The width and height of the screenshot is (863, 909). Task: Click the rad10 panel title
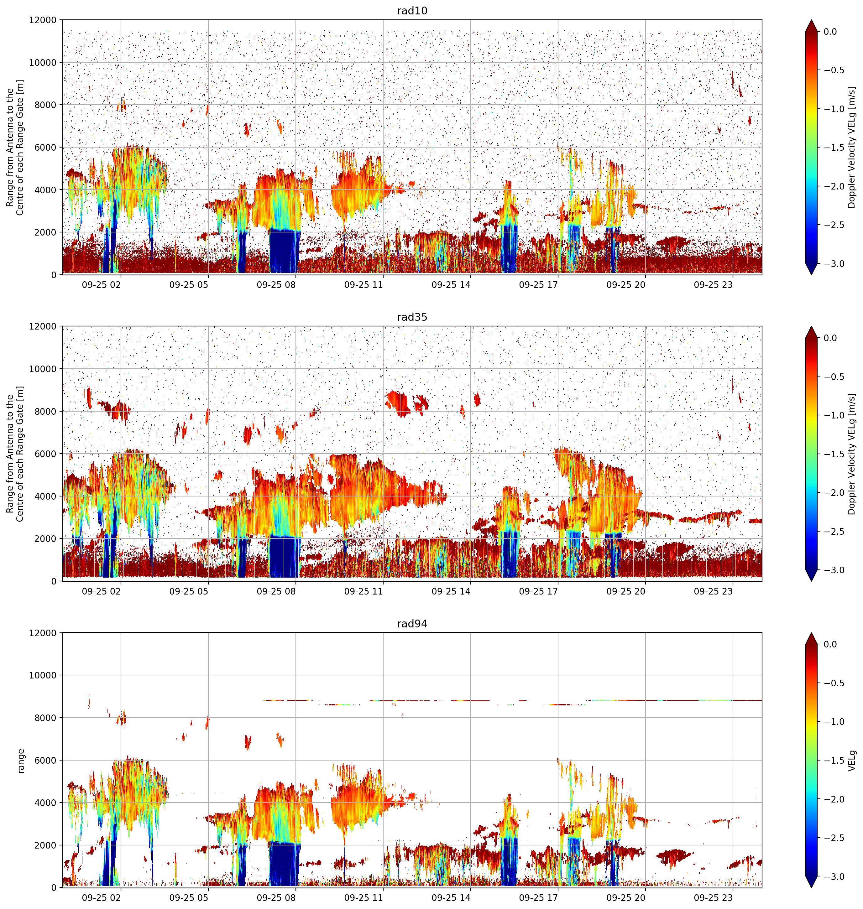point(412,11)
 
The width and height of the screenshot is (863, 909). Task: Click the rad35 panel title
point(412,317)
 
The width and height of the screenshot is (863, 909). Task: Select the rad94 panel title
point(412,623)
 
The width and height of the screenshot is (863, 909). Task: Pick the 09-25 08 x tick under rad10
point(276,285)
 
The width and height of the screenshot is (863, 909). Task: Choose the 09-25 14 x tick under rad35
point(451,591)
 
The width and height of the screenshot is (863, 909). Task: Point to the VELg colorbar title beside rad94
point(852,761)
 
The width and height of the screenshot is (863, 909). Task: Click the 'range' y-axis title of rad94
point(21,761)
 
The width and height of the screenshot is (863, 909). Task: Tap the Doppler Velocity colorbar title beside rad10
point(852,148)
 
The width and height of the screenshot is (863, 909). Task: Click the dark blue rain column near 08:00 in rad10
point(284,251)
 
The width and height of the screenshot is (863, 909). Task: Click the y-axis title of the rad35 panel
point(15,454)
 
